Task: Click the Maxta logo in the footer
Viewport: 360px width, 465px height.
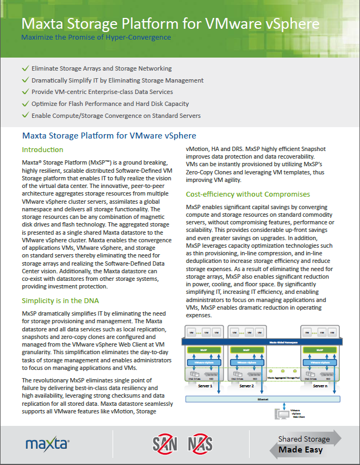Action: coord(47,444)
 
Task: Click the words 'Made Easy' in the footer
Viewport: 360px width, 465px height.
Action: coord(300,450)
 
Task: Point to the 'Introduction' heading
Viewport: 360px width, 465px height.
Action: coord(42,149)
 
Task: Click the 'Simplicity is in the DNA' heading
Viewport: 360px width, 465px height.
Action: coord(60,300)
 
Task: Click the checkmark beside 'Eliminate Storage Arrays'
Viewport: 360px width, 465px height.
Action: coord(24,69)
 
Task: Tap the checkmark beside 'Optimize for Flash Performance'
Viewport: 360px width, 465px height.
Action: coord(24,104)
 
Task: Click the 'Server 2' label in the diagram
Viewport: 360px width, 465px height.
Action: coord(246,386)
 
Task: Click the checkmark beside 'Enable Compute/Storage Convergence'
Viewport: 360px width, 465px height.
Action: coord(24,116)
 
